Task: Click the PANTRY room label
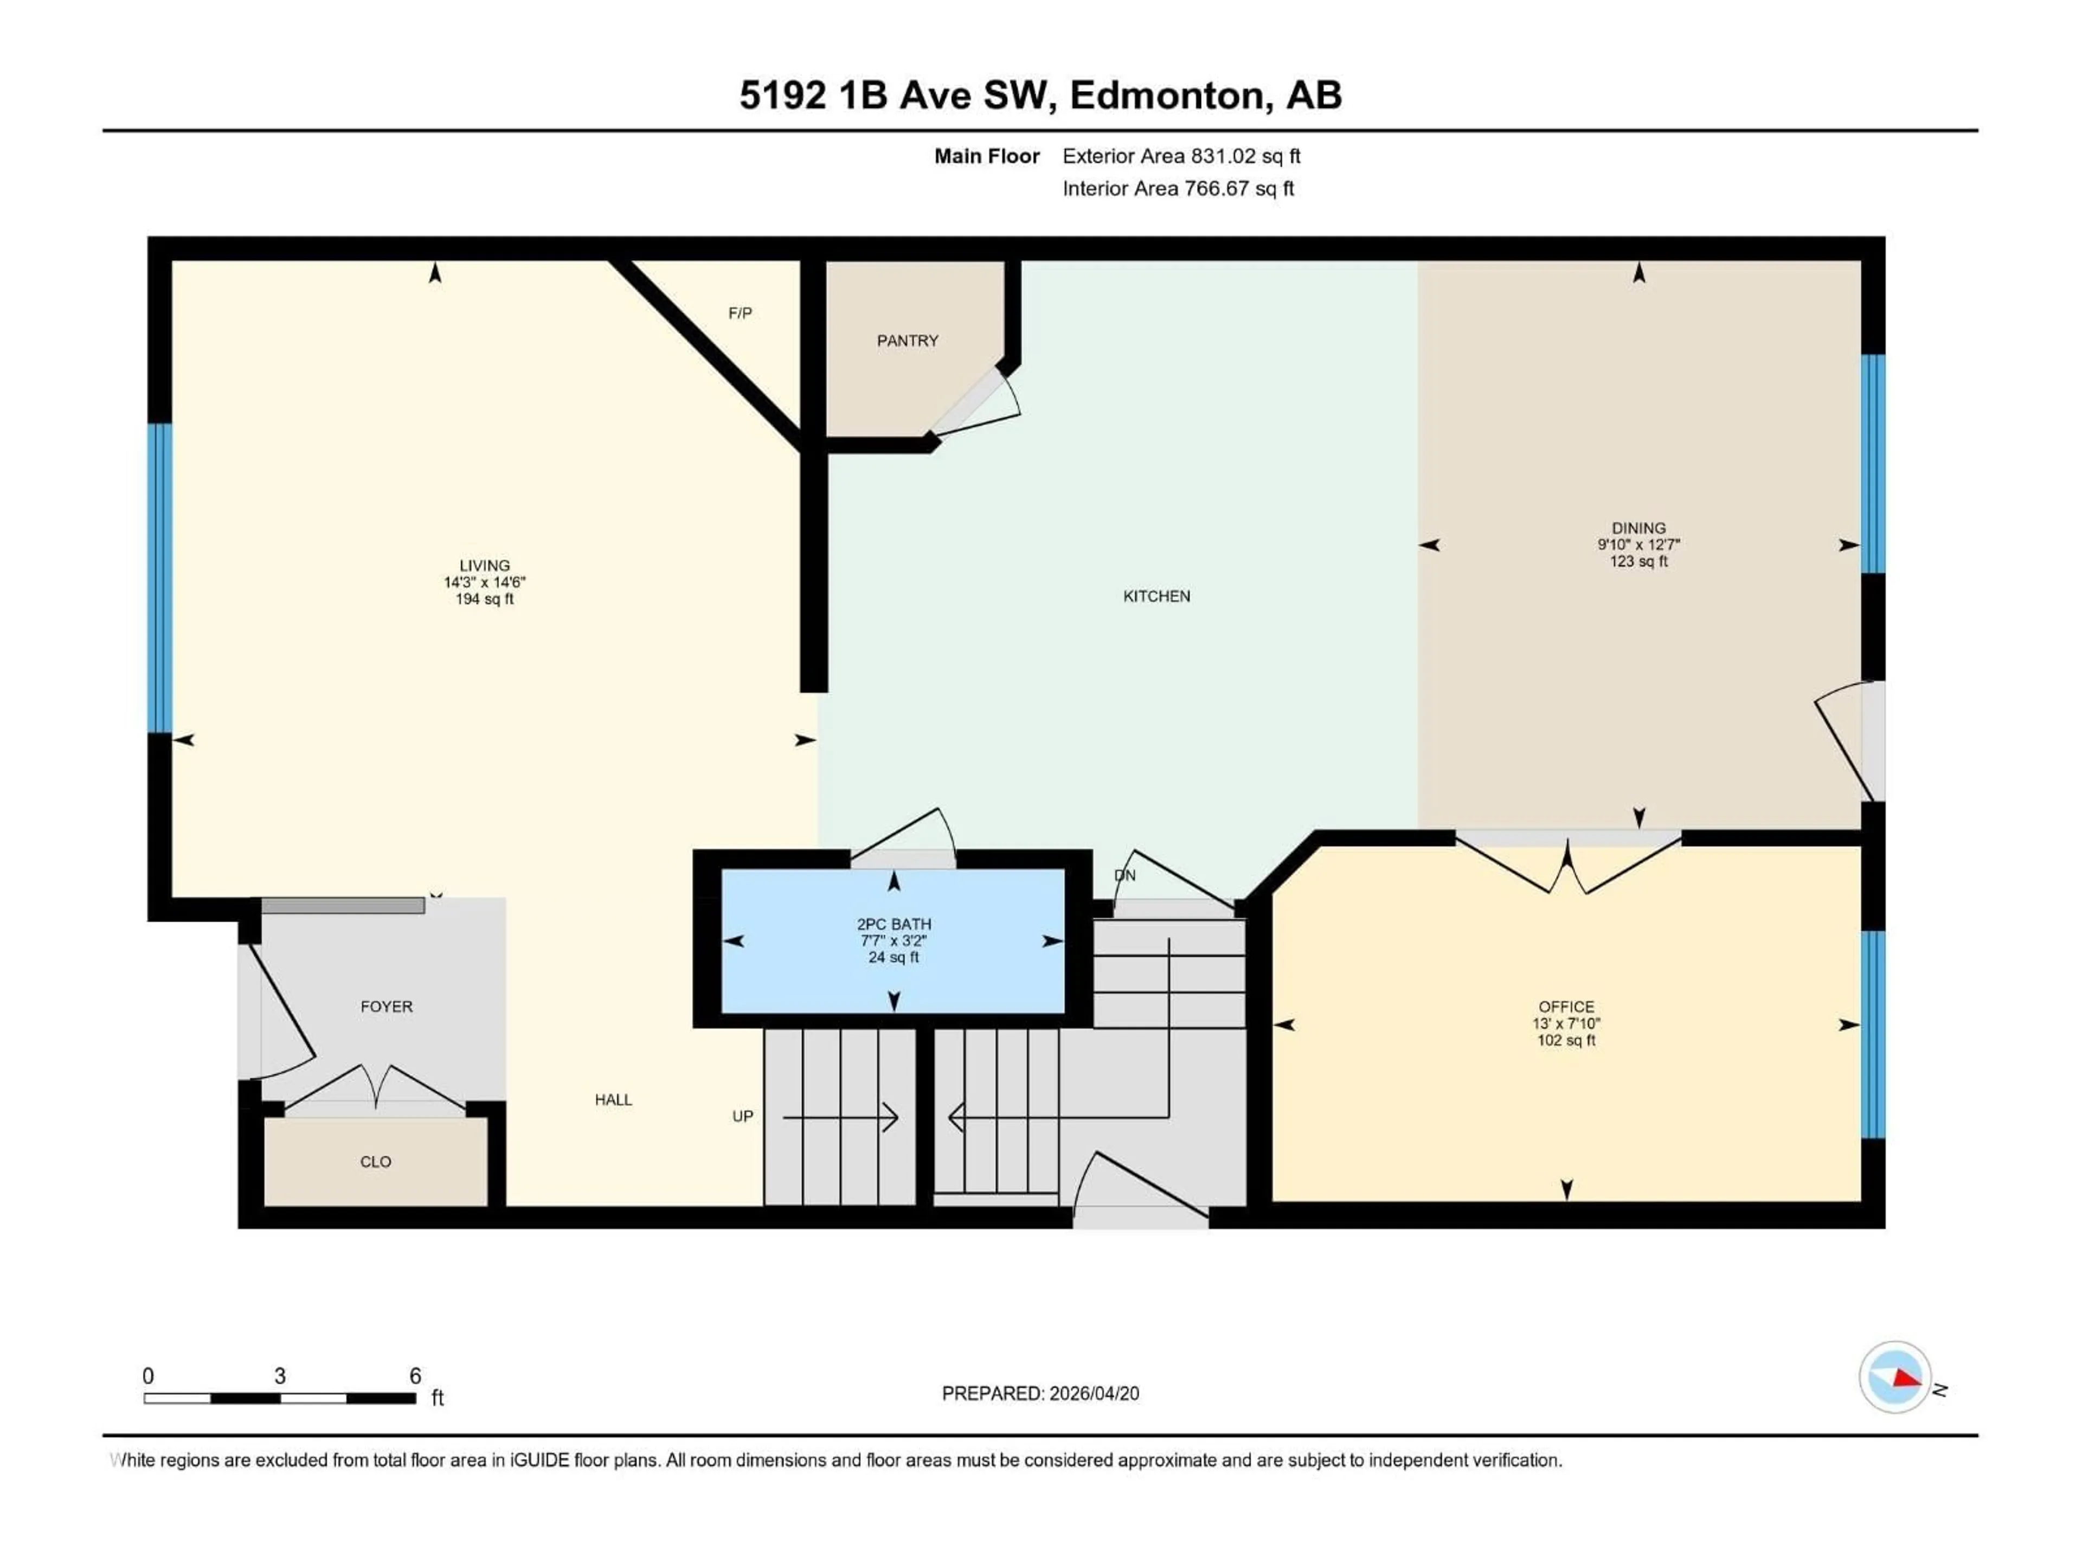907,341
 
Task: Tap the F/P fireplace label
740,312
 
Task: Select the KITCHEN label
1156,596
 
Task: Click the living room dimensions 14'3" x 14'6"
484,582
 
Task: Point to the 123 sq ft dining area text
1638,561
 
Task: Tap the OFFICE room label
1566,1007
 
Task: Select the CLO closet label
376,1162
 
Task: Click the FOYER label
386,1007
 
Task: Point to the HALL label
613,1100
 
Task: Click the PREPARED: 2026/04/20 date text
1040,1393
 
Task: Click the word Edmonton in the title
1166,95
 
